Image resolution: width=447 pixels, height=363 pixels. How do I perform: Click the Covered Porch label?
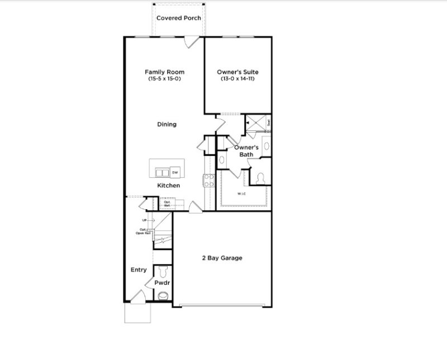coord(179,18)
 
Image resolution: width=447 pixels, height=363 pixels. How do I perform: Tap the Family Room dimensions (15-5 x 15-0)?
coord(164,79)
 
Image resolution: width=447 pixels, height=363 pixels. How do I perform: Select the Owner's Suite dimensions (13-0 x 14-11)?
coord(239,79)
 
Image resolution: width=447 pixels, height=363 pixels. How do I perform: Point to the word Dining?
coord(167,124)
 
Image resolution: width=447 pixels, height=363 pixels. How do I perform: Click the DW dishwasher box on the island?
coord(175,172)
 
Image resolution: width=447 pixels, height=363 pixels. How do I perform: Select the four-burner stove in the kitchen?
coord(208,180)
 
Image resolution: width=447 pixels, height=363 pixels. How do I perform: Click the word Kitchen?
coord(168,186)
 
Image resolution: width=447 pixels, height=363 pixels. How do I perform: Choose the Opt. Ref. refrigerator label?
coord(167,204)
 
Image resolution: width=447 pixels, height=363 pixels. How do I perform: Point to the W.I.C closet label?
coord(241,194)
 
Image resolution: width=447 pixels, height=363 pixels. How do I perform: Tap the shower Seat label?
coord(268,122)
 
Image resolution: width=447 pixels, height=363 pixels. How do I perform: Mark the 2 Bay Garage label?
coord(222,258)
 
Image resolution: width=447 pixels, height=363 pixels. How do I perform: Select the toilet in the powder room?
coord(163,272)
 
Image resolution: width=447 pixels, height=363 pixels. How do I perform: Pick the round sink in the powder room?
coord(163,296)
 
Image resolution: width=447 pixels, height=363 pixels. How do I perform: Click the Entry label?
coord(139,270)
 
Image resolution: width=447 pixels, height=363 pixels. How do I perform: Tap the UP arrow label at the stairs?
coord(144,221)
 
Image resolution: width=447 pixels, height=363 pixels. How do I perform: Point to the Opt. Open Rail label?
coord(144,231)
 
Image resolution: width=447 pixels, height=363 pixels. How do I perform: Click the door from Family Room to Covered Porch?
coord(192,41)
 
